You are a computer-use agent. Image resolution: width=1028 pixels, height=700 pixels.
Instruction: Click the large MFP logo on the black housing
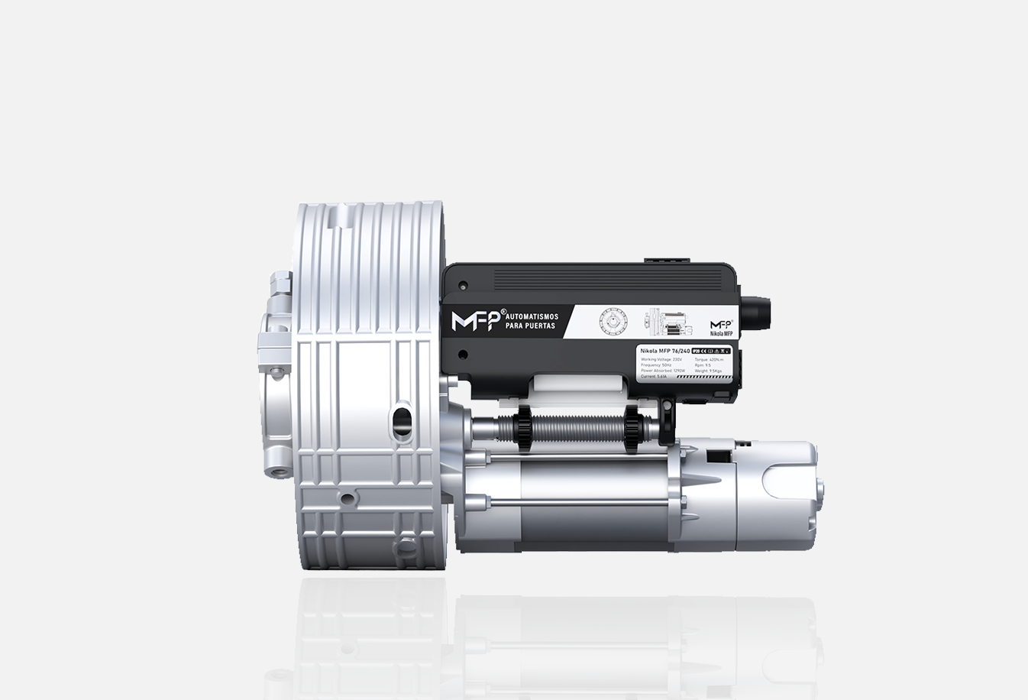[474, 321]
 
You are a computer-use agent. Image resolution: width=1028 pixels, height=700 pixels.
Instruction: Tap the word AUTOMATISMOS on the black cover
[532, 316]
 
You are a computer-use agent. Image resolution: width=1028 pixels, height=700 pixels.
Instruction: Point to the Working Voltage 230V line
[661, 358]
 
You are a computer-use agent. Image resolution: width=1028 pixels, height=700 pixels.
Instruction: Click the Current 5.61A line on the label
[655, 376]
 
